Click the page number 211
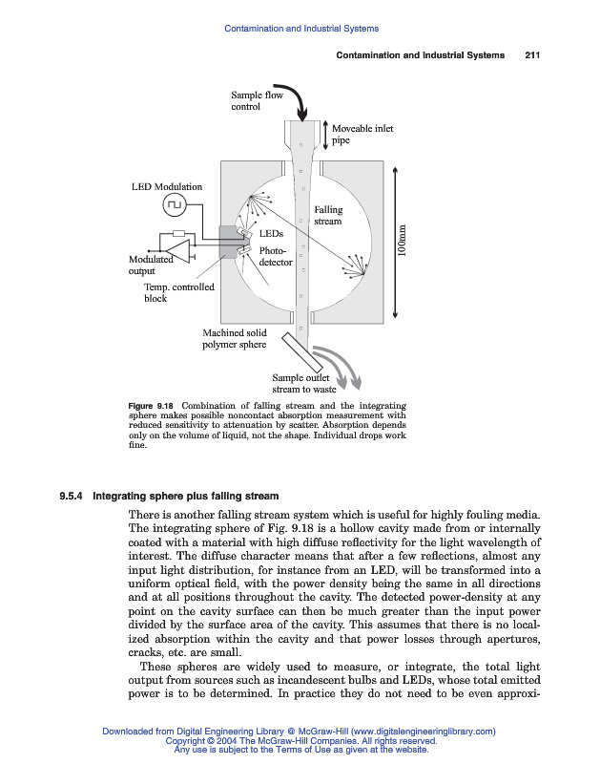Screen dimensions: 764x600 [x=533, y=55]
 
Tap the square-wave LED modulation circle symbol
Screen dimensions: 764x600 [x=175, y=204]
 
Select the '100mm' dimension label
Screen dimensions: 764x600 [x=403, y=240]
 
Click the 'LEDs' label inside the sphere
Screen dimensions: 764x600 [x=270, y=232]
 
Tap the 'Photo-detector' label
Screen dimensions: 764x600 [x=275, y=256]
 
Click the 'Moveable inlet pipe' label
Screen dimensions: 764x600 [x=362, y=134]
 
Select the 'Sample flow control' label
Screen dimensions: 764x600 [x=251, y=100]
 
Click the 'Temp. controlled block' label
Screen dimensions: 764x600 [x=178, y=292]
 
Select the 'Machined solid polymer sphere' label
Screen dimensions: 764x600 [x=235, y=339]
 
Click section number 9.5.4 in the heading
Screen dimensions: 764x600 [x=72, y=497]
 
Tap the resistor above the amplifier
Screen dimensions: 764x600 [x=178, y=233]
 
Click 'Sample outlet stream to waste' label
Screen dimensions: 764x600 [x=311, y=384]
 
